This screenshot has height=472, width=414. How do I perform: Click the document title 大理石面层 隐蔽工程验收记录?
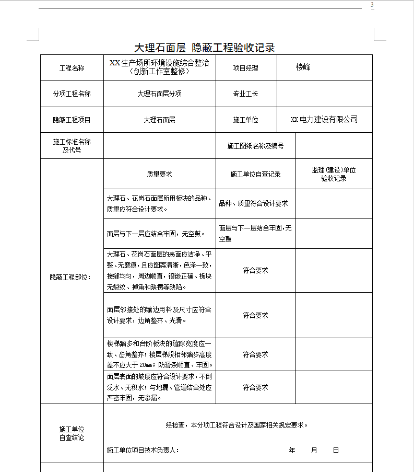[205, 48]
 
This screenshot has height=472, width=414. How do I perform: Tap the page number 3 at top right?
[372, 5]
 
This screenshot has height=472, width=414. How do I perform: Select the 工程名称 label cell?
[72, 68]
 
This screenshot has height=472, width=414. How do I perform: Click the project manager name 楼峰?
[303, 67]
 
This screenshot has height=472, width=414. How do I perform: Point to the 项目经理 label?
[245, 68]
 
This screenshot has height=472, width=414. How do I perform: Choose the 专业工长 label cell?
[245, 94]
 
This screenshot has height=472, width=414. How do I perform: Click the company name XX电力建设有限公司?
[324, 120]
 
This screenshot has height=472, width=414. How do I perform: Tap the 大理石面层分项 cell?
[159, 94]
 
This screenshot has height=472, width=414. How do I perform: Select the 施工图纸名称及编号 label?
[255, 146]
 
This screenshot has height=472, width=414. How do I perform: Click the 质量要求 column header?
[159, 174]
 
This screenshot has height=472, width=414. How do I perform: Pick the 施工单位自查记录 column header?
[255, 174]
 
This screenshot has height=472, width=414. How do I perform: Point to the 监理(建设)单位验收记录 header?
[334, 174]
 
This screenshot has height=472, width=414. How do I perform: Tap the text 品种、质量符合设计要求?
[253, 204]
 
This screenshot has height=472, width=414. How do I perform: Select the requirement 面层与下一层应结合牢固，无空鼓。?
[156, 234]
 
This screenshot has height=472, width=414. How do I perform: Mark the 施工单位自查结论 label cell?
[72, 433]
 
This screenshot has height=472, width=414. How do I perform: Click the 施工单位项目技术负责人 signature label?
[143, 450]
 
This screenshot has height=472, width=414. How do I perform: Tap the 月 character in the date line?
[314, 450]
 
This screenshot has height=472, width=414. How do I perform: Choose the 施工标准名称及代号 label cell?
[72, 146]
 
